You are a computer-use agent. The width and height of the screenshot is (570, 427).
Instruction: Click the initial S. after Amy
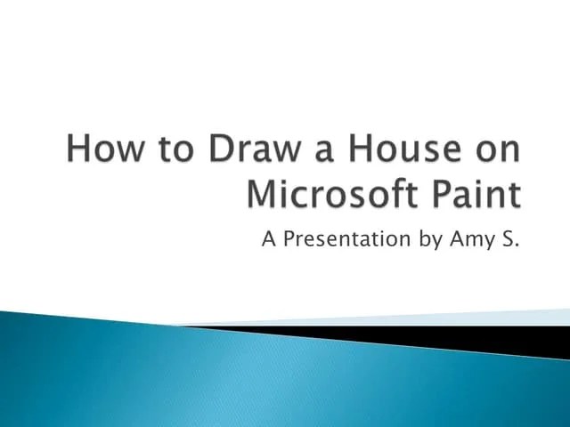(507, 238)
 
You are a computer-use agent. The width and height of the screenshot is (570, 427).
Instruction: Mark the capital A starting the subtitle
(268, 238)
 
